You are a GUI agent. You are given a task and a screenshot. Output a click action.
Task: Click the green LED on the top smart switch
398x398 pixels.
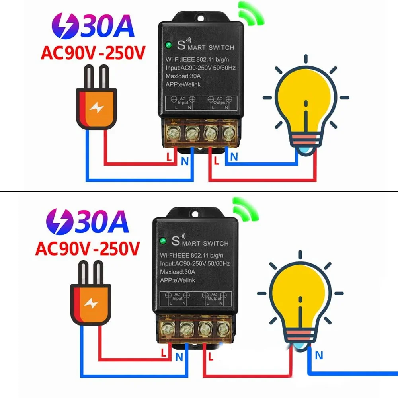168,45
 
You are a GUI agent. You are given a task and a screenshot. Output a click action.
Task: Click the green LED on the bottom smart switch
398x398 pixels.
163,241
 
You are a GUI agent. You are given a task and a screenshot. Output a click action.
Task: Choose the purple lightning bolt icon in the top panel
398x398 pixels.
63,26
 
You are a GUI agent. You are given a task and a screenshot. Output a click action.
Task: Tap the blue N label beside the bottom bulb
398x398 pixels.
318,355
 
